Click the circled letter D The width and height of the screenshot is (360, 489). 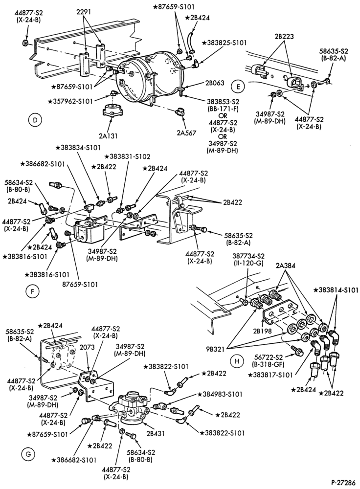[35, 120]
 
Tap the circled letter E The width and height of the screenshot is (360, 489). [238, 87]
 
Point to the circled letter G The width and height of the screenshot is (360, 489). [28, 454]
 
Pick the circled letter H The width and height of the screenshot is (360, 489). [237, 361]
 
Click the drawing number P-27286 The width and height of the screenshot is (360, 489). [343, 483]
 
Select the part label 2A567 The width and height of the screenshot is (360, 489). [186, 133]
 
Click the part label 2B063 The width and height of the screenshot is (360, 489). [215, 83]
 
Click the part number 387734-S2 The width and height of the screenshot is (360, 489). [248, 256]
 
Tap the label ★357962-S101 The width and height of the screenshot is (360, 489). [70, 101]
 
